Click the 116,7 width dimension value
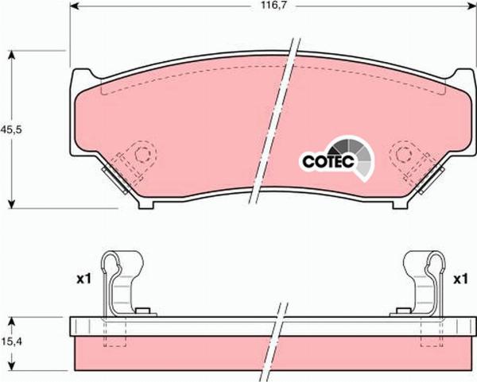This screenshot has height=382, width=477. pyautogui.click(x=274, y=6)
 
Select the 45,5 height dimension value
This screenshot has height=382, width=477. pyautogui.click(x=11, y=129)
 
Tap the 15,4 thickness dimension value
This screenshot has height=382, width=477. pyautogui.click(x=11, y=341)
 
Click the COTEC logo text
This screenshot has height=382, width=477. pyautogui.click(x=328, y=161)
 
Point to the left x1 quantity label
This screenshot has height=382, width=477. pyautogui.click(x=83, y=279)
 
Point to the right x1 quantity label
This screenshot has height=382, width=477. pyautogui.click(x=460, y=279)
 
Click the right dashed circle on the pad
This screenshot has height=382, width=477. pyautogui.click(x=404, y=154)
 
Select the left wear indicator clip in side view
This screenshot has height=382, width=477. pyautogui.click(x=122, y=283)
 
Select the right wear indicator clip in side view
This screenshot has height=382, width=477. pyautogui.click(x=425, y=283)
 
